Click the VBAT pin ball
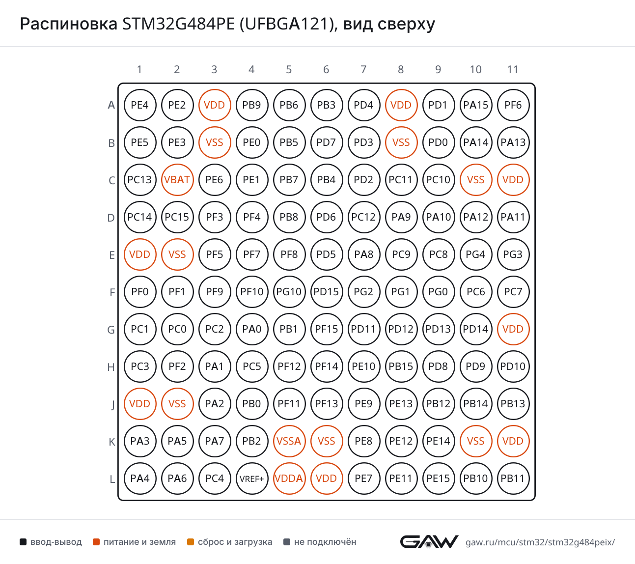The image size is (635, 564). (x=177, y=180)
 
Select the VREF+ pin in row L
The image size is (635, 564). (x=251, y=479)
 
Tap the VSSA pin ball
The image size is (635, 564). (x=289, y=441)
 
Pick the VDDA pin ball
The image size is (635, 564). (x=289, y=479)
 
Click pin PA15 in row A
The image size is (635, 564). (x=476, y=105)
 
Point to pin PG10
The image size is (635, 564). (x=289, y=291)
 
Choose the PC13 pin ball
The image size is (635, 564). (x=140, y=180)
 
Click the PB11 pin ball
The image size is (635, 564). (x=513, y=479)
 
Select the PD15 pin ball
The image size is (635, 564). (x=326, y=291)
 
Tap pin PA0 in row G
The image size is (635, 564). (x=251, y=329)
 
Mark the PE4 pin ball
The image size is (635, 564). (x=140, y=105)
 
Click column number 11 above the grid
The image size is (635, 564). (x=513, y=69)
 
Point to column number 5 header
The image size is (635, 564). (x=289, y=69)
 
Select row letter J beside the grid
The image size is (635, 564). (x=112, y=405)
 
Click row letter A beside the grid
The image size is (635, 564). (x=111, y=105)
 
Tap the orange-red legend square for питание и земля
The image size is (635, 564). (x=96, y=542)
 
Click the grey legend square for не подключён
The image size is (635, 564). (x=286, y=542)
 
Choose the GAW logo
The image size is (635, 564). (x=429, y=541)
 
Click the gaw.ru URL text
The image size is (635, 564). (x=540, y=542)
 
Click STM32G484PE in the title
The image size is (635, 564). (x=179, y=24)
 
